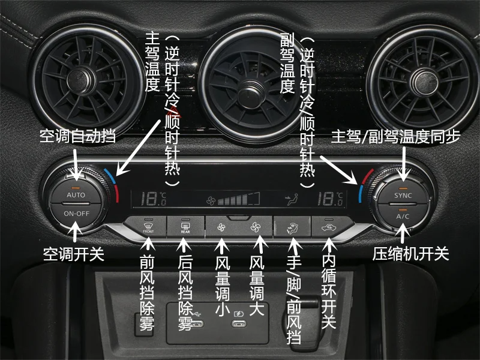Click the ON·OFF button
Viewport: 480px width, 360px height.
coord(76,214)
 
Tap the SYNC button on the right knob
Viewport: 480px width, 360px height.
coord(403,196)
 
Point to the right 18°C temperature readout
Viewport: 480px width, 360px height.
coord(330,198)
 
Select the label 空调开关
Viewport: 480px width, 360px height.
coord(74,254)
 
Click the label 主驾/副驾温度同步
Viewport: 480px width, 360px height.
coord(396,137)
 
